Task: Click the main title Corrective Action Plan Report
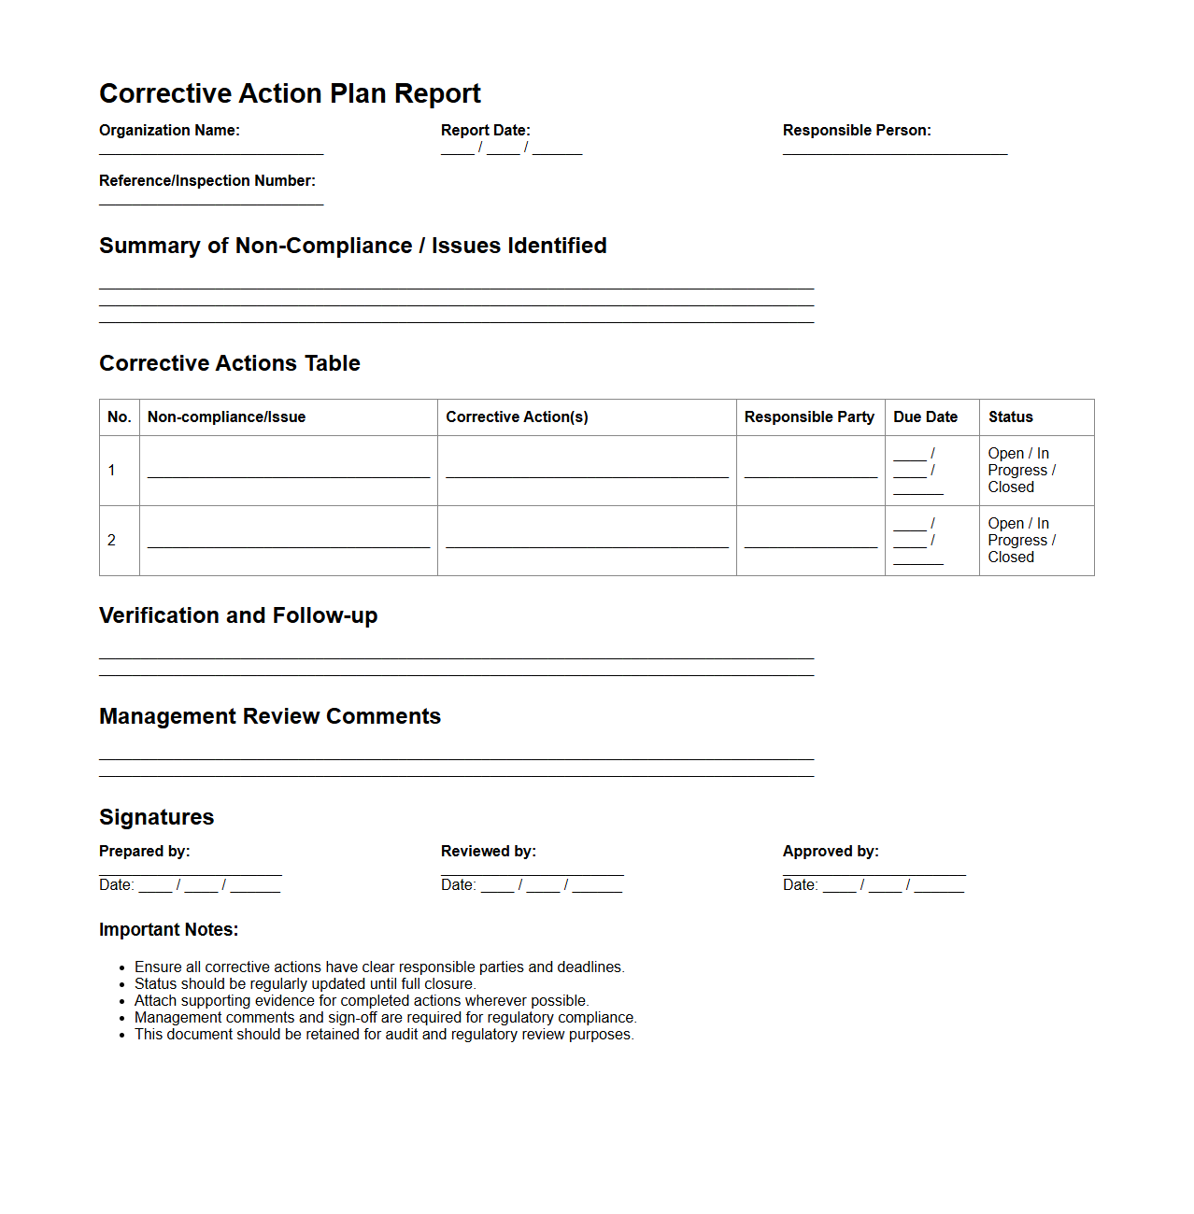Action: tap(290, 93)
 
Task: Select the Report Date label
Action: tap(485, 131)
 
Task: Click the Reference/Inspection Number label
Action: tap(207, 181)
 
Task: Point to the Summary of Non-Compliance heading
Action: tap(353, 246)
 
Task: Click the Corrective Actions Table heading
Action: tap(230, 363)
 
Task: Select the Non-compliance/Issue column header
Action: tap(226, 417)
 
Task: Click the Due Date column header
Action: tap(925, 417)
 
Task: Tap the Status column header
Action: tap(1011, 417)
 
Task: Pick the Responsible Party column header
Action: tap(809, 417)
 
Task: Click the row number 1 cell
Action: tap(112, 471)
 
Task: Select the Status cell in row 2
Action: tap(1021, 541)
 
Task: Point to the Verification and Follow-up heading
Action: tap(238, 615)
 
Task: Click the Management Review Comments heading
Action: tap(270, 716)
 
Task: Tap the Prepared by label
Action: tap(145, 852)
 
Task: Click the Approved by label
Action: tap(831, 852)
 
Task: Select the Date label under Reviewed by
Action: tap(458, 885)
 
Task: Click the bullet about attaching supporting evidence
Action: tap(362, 1001)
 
